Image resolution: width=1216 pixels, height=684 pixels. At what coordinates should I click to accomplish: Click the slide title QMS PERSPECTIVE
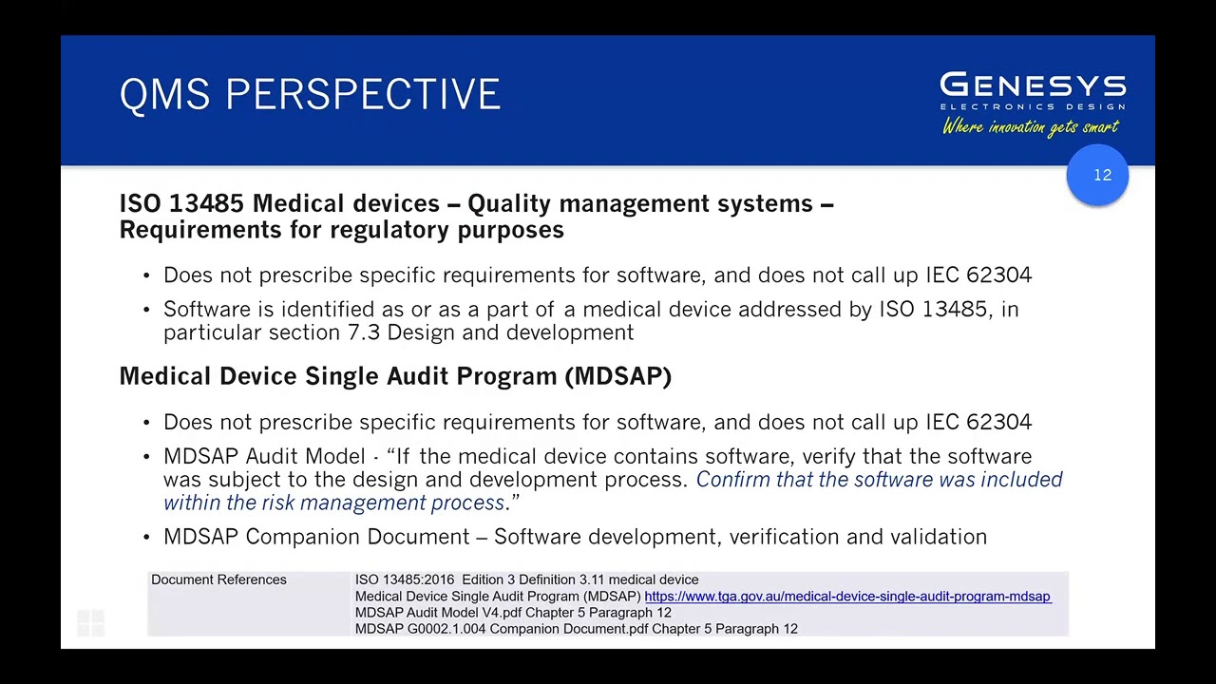[x=310, y=95]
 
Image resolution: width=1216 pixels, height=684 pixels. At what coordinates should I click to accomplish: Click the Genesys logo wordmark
[x=1033, y=86]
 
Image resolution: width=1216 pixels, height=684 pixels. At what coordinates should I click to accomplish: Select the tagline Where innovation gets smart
[x=1031, y=127]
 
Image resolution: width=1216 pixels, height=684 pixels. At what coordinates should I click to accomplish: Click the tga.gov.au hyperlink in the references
[x=847, y=597]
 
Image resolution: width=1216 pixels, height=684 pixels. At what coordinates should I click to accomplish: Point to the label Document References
[x=218, y=579]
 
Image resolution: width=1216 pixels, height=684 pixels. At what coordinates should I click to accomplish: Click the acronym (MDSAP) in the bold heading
[x=618, y=376]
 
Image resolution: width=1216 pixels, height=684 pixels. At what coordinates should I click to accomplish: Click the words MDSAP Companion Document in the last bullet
[x=316, y=537]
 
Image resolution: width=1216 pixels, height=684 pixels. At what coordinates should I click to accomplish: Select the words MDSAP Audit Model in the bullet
[x=264, y=457]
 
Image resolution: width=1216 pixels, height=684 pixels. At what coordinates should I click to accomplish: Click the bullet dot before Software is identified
[x=146, y=311]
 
